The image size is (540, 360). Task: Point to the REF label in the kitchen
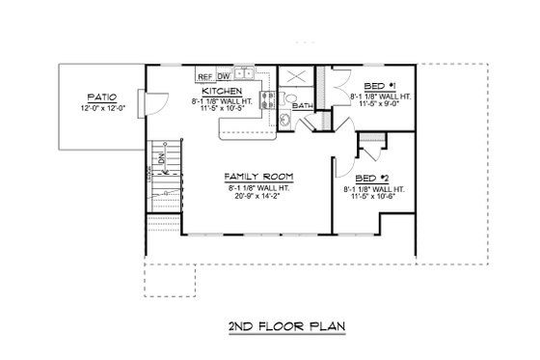pos(204,75)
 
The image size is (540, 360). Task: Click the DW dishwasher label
pos(224,75)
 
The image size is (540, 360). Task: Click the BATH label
pos(302,105)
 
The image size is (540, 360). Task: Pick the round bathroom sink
pos(286,120)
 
